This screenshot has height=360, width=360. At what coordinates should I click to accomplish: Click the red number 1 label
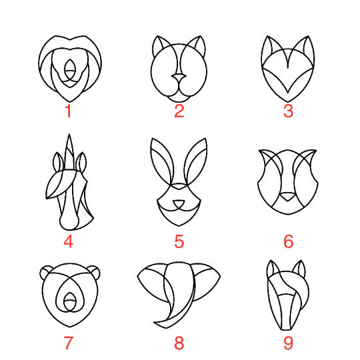(x=69, y=111)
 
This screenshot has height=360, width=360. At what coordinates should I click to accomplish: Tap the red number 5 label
(x=179, y=241)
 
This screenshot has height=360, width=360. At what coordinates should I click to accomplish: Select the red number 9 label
(x=288, y=343)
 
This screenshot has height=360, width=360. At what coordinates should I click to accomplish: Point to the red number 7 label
(x=68, y=343)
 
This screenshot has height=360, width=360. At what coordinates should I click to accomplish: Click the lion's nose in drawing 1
(x=69, y=69)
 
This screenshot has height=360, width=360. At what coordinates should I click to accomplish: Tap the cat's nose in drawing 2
(x=179, y=77)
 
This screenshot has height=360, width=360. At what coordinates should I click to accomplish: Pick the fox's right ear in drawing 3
(x=307, y=47)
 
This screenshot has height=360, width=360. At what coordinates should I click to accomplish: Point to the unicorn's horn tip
(x=69, y=134)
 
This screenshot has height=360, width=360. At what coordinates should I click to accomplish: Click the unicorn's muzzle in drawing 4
(x=69, y=221)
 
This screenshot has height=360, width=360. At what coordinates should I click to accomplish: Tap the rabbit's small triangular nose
(x=179, y=204)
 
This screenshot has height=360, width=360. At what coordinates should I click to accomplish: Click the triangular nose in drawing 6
(x=287, y=197)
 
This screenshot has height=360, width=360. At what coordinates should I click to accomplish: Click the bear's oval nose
(x=69, y=301)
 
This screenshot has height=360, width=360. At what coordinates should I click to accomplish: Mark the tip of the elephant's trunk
(x=154, y=323)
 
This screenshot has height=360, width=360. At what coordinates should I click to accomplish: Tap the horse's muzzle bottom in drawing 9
(x=286, y=329)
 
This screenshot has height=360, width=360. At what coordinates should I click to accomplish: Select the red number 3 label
(x=288, y=111)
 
